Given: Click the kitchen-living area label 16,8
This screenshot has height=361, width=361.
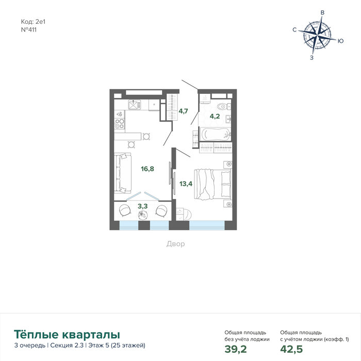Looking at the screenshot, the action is (147, 169).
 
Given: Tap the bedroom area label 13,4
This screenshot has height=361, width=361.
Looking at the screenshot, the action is (186, 184).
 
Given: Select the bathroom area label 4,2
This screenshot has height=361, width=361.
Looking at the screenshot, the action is (215, 116).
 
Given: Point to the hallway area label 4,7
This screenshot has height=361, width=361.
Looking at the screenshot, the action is (183, 111).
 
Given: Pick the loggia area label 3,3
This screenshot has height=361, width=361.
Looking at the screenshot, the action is (142, 206).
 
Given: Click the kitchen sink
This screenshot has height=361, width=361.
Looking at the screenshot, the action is (134, 105).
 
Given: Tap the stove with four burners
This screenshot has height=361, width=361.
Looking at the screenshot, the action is (120, 124).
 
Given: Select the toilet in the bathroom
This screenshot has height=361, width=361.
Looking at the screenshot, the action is (224, 107).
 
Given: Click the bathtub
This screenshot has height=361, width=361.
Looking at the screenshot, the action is (216, 134).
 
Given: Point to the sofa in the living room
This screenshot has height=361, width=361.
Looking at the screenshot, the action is (123, 173).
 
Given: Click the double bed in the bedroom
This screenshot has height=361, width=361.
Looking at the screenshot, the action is (212, 184).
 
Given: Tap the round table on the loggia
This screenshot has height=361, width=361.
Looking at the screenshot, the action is (142, 215).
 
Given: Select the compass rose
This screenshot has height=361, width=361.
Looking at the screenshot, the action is (318, 36).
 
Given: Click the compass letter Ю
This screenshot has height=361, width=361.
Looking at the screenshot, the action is (340, 41).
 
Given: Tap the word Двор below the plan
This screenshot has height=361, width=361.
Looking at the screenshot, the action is (175, 244).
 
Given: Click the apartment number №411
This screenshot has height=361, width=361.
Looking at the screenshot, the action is (29, 30).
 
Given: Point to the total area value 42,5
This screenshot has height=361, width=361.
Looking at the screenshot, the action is (291, 349).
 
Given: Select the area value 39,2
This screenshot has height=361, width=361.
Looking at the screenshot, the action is (236, 349).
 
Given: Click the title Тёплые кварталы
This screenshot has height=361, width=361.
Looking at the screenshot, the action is (67, 334).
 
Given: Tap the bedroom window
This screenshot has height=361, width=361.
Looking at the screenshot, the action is (207, 225).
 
